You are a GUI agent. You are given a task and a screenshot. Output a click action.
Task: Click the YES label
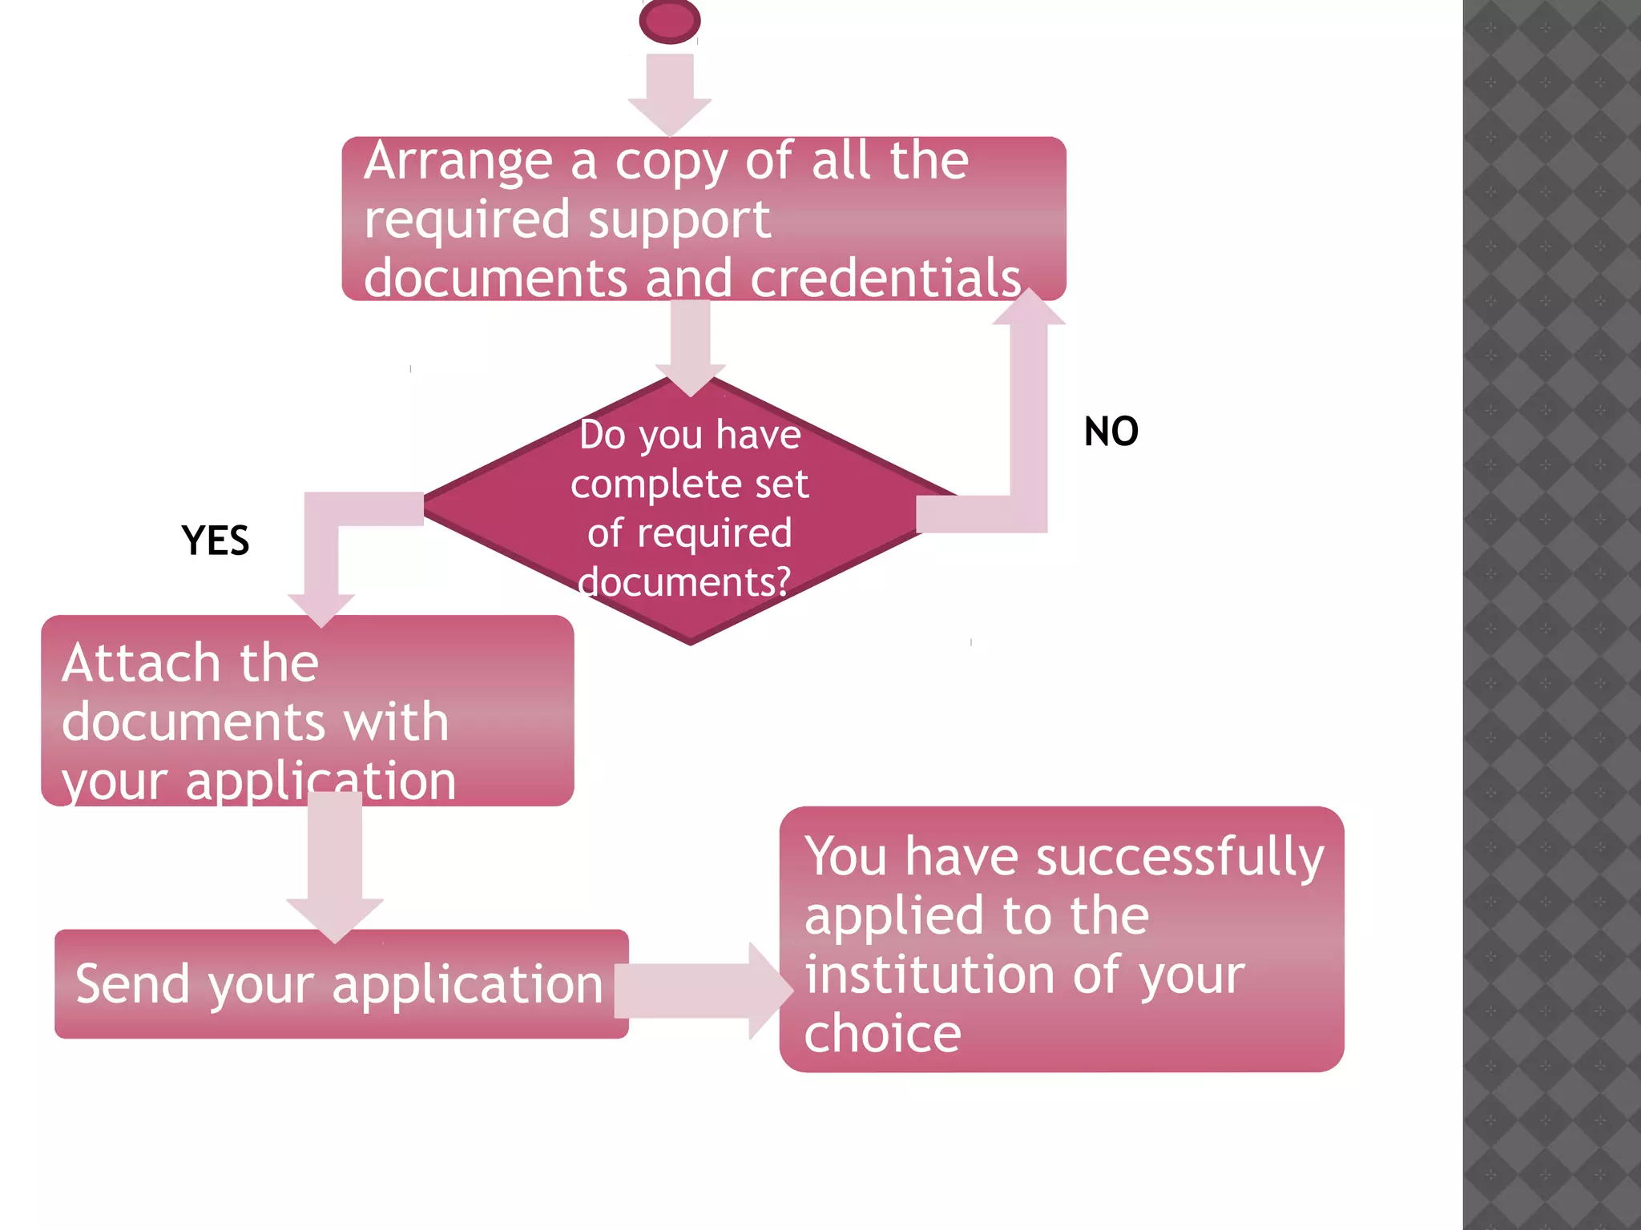[x=215, y=541]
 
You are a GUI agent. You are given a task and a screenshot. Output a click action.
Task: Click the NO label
[x=1111, y=432]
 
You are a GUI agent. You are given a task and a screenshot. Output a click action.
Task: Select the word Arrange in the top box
[x=458, y=163]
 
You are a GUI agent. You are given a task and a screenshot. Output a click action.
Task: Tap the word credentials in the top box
[x=885, y=278]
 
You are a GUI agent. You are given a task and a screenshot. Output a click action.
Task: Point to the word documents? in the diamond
[x=684, y=582]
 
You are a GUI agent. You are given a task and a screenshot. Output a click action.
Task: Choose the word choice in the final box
[x=882, y=1034]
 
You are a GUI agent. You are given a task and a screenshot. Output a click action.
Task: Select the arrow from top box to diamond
[x=690, y=344]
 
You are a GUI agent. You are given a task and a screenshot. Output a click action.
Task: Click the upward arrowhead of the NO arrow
[x=1029, y=308]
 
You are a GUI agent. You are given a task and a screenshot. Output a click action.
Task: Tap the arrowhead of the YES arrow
[x=321, y=609]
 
